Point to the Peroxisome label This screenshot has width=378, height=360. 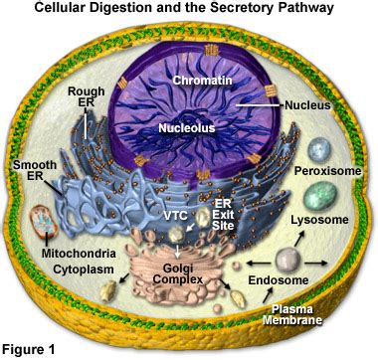(320, 172)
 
